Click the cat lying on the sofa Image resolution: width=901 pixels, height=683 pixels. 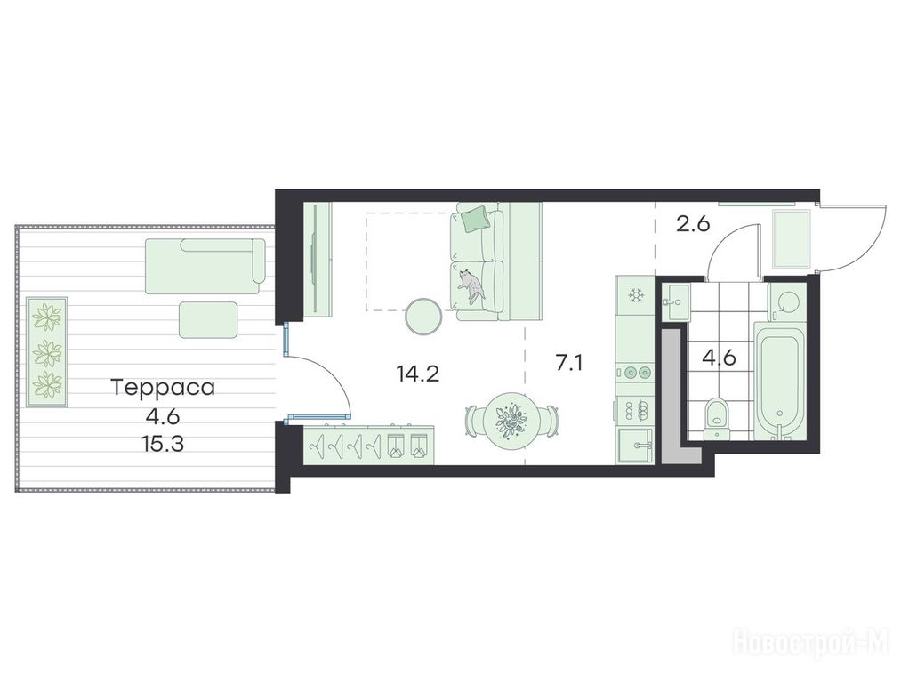click(471, 285)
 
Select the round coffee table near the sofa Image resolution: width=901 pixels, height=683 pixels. click(424, 316)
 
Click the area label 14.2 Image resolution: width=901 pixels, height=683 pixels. click(418, 374)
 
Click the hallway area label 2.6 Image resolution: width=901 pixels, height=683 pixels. click(693, 223)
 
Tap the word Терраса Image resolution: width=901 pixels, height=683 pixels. click(163, 387)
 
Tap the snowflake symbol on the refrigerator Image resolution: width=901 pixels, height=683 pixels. click(635, 295)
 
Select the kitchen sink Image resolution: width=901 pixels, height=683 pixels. click(635, 446)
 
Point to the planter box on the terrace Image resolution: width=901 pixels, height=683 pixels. click(46, 352)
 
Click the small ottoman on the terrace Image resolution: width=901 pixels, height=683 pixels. click(208, 319)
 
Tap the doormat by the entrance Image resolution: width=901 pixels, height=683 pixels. click(792, 239)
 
